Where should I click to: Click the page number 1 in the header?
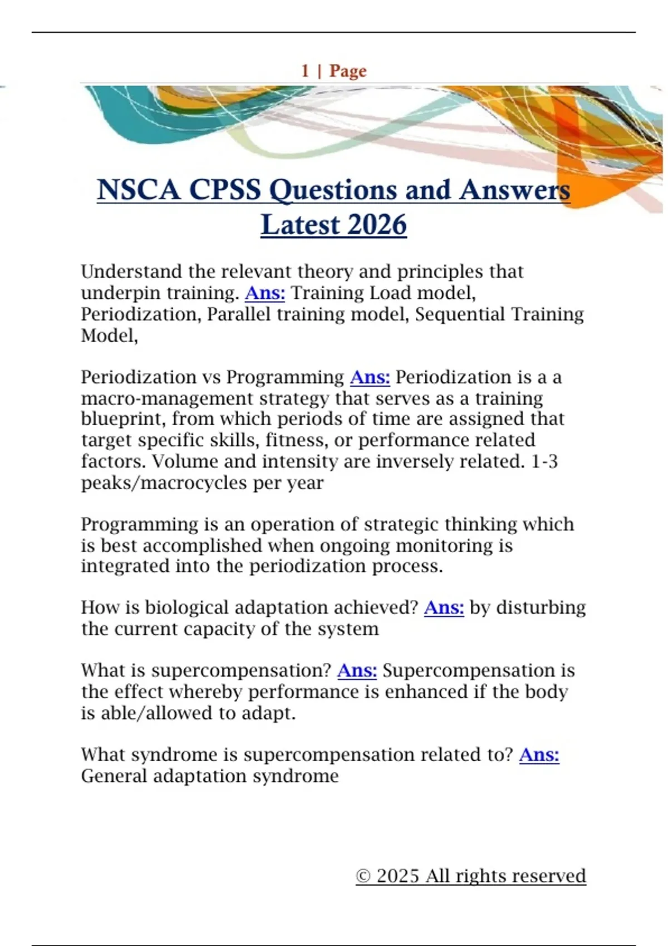pos(305,71)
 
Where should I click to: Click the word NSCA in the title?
pos(139,190)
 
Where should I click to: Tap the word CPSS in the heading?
pos(225,190)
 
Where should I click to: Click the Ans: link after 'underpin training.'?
pos(264,293)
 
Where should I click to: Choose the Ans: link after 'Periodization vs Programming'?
pos(370,377)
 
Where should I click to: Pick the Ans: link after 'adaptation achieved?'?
pos(444,607)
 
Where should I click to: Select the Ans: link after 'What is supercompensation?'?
pos(357,671)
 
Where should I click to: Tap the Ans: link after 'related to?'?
pos(539,755)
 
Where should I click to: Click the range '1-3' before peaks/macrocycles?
pos(544,461)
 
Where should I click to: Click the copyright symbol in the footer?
pos(363,876)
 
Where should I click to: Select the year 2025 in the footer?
pos(397,876)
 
